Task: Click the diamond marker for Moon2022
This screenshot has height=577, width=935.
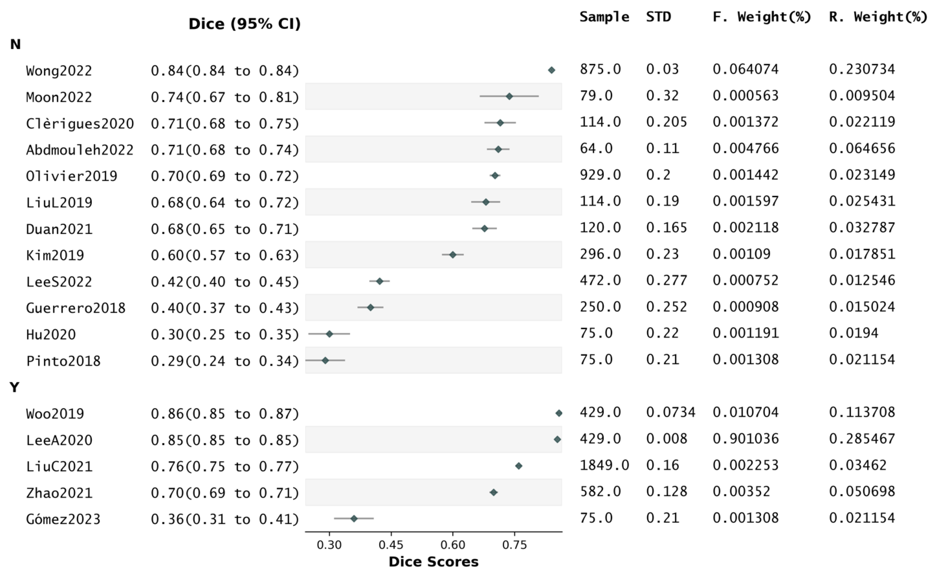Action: click(x=509, y=96)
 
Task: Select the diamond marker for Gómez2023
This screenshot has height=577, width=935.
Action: click(x=354, y=518)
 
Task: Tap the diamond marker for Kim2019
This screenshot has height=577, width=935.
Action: click(x=453, y=255)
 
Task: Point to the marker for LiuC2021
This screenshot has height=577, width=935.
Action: click(x=519, y=466)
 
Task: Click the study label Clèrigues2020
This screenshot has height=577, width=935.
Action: click(x=80, y=124)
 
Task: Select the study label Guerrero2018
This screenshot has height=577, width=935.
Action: click(x=76, y=308)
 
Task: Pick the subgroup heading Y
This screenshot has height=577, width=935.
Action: click(x=14, y=387)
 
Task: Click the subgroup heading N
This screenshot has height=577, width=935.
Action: click(x=15, y=44)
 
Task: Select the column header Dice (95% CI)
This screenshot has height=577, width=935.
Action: click(x=245, y=24)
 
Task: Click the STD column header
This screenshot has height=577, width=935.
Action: click(x=658, y=17)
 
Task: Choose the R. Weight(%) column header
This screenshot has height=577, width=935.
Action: click(x=878, y=17)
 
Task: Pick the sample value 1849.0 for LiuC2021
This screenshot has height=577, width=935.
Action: click(x=604, y=465)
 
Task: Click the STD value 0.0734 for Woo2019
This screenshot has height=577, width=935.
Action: click(x=671, y=412)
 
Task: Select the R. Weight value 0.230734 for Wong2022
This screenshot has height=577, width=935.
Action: click(x=862, y=69)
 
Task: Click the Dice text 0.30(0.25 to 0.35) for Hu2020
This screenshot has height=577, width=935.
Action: click(x=225, y=335)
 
